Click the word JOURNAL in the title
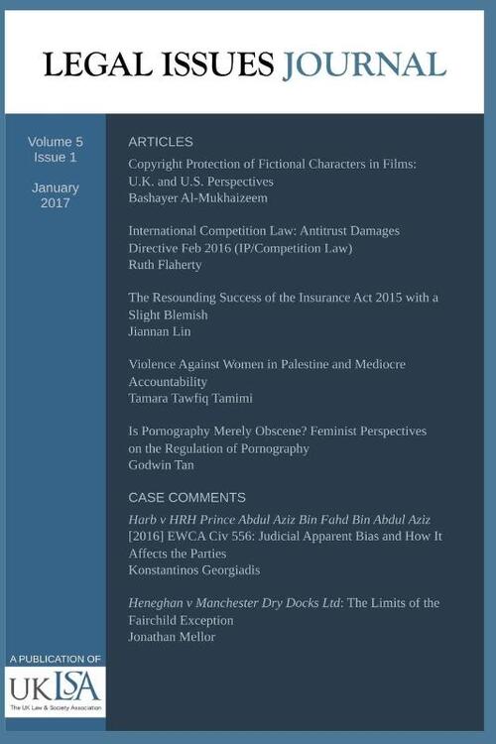[364, 65]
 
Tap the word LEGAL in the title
[90, 65]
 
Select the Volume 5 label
[56, 142]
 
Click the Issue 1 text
[56, 158]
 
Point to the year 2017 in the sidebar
[56, 202]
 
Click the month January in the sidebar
[56, 186]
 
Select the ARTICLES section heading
[161, 142]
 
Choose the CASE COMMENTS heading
[186, 497]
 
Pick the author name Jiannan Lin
[161, 331]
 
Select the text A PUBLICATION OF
[55, 659]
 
